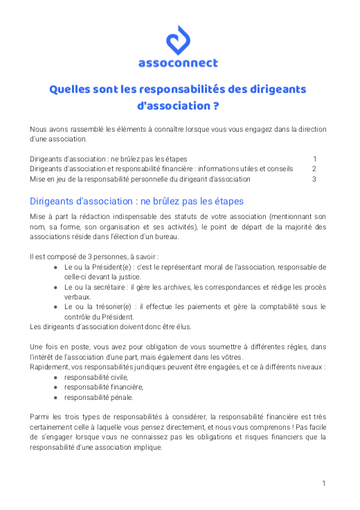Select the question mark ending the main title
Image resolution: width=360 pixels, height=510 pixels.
pos(217,107)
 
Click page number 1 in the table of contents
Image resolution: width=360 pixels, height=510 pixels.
pos(314,159)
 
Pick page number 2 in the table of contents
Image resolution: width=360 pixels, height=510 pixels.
pos(314,168)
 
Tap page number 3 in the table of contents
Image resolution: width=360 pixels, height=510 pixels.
pos(314,179)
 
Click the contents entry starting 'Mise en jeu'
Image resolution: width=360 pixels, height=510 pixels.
pos(140,179)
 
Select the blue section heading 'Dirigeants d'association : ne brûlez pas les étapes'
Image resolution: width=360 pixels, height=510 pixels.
pos(136,202)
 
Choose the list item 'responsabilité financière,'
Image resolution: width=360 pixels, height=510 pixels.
pos(104,387)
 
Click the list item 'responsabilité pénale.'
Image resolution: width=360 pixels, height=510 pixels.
pos(99,398)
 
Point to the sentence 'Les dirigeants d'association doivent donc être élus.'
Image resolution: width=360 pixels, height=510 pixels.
pos(110,326)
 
